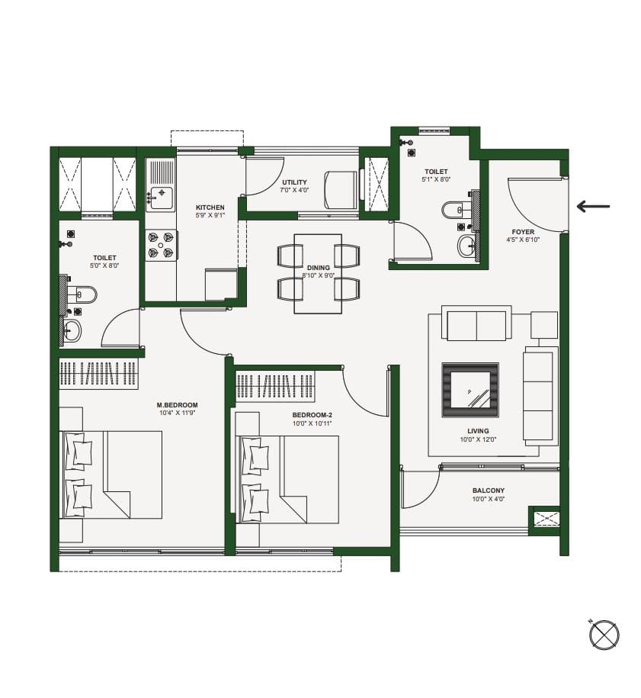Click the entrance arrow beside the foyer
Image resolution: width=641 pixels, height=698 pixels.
[593, 206]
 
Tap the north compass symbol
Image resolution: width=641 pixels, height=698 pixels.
[604, 635]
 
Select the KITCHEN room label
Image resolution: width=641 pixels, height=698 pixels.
[210, 207]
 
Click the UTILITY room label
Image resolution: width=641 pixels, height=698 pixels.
[294, 182]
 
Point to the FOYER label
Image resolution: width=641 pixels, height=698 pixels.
[523, 232]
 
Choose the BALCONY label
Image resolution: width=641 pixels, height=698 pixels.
[489, 491]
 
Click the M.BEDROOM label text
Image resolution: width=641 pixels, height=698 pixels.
[177, 405]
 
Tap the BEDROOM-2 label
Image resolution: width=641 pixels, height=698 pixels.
[312, 415]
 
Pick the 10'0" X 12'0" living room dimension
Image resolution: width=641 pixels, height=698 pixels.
[478, 439]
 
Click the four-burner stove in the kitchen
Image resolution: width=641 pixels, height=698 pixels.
[161, 245]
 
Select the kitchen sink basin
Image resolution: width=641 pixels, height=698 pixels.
[161, 198]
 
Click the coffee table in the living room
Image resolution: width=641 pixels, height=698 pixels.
[470, 390]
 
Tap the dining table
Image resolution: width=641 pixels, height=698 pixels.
[318, 274]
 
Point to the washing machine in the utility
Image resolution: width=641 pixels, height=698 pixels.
[340, 190]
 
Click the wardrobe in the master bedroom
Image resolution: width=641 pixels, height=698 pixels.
[99, 374]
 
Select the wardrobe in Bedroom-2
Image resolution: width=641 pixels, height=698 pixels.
[275, 386]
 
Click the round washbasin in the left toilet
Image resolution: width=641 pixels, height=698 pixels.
[72, 331]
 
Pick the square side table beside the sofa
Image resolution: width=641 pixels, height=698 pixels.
[544, 325]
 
